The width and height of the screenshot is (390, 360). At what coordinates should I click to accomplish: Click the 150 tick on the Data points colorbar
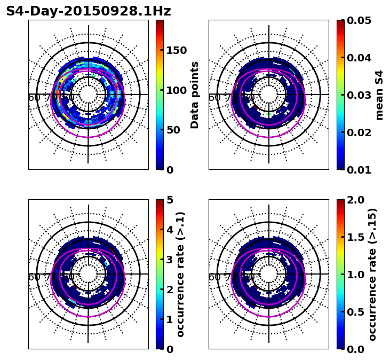(176, 50)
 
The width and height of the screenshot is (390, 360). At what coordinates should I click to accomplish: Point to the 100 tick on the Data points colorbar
(176, 90)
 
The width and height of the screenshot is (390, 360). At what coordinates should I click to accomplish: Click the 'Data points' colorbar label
(195, 95)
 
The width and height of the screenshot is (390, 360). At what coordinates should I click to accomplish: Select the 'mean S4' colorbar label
(380, 95)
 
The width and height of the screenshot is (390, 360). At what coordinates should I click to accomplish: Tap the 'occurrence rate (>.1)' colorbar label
(181, 275)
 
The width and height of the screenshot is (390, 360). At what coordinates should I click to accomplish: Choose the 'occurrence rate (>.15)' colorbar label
(373, 275)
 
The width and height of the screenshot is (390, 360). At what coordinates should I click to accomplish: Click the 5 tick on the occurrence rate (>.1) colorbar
(170, 200)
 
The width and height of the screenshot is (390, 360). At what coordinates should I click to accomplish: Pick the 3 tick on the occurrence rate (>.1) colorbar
(170, 260)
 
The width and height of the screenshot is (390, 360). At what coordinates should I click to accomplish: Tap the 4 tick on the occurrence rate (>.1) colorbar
(170, 230)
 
